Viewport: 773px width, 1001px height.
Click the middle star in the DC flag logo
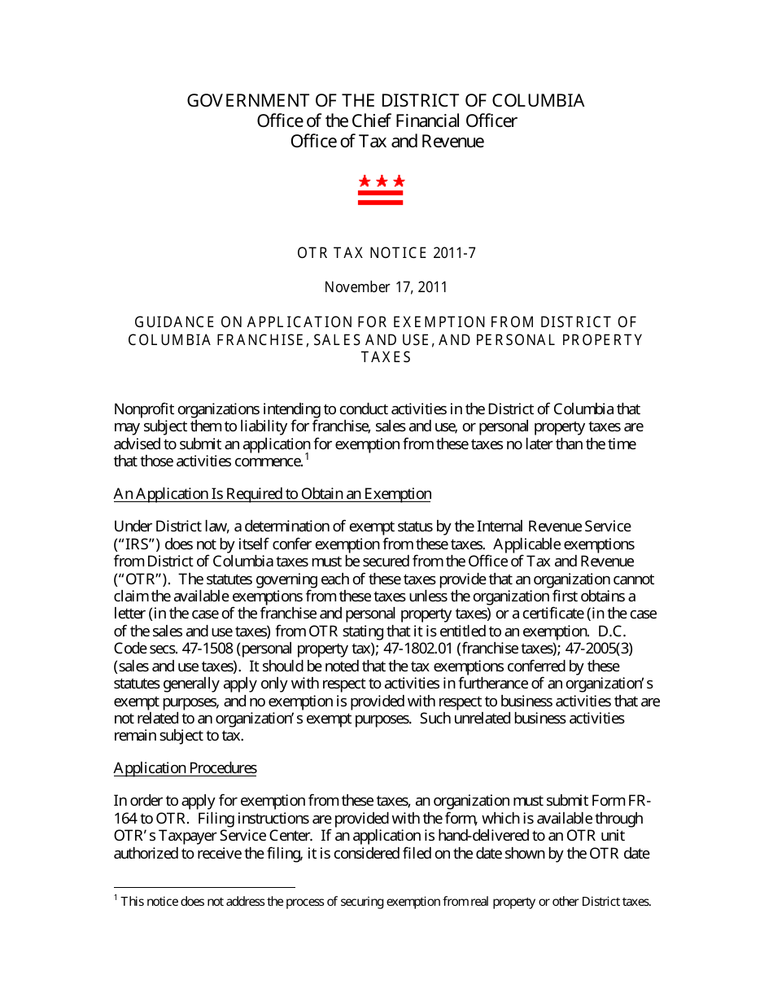point(382,181)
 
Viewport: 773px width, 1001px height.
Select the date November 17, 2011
point(386,287)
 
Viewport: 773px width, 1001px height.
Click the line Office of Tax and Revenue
point(386,142)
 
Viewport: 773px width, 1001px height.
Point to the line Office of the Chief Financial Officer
point(386,121)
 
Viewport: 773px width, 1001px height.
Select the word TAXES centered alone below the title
point(386,357)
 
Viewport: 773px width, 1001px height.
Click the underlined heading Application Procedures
point(185,768)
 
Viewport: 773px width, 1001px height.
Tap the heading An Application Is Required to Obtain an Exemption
point(272,494)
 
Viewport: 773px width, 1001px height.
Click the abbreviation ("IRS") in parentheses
point(137,544)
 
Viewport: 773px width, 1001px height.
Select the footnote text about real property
point(386,902)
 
